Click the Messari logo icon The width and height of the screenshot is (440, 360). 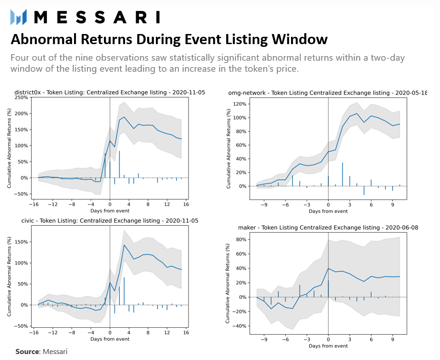pyautogui.click(x=19, y=17)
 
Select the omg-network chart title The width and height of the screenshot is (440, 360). pyautogui.click(x=327, y=93)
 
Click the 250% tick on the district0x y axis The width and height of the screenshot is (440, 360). pyautogui.click(x=21, y=97)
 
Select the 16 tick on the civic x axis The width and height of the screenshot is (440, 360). pyautogui.click(x=186, y=333)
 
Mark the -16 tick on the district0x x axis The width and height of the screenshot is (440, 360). pyautogui.click(x=33, y=204)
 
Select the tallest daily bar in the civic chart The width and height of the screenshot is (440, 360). pyautogui.click(x=124, y=291)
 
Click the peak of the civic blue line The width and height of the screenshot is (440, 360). pyautogui.click(x=124, y=245)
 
